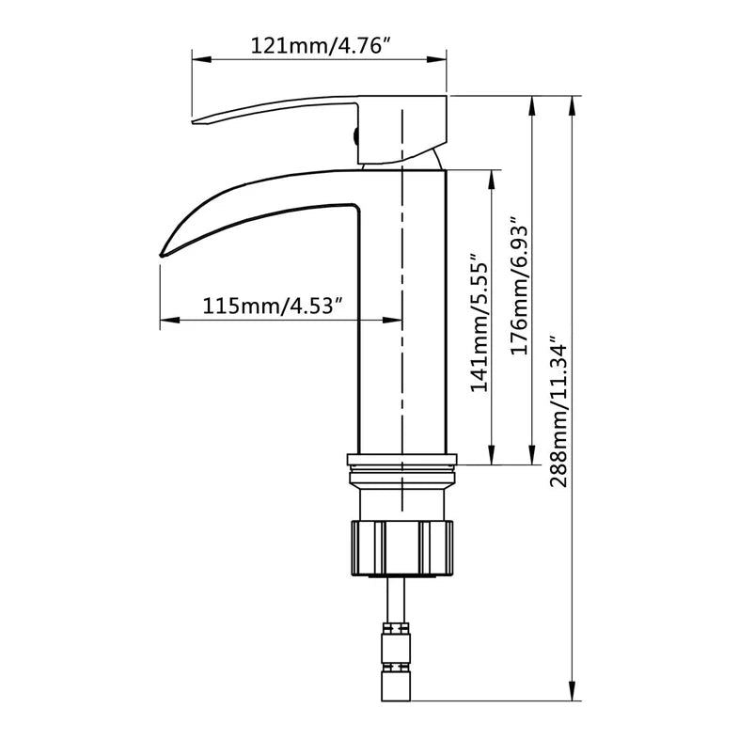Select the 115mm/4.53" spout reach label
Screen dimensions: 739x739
click(x=272, y=306)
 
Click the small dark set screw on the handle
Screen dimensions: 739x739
click(x=355, y=135)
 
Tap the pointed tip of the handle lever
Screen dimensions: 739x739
click(x=196, y=121)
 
